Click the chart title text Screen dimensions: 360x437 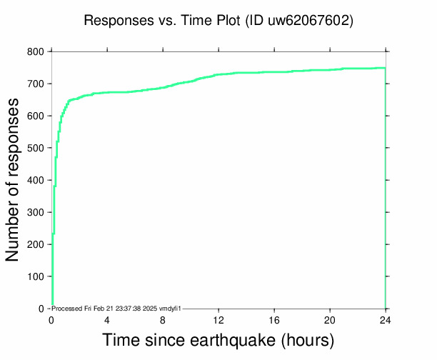coord(218,21)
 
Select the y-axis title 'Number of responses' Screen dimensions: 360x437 coord(13,180)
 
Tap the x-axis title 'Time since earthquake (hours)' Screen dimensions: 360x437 coord(218,339)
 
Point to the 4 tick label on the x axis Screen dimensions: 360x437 coord(107,319)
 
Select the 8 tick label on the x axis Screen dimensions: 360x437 coord(163,319)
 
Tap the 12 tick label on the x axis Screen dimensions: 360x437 coord(218,319)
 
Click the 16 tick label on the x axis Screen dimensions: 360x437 coord(274,319)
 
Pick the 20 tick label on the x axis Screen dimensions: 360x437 coord(330,319)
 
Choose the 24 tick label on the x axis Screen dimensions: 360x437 coord(386,319)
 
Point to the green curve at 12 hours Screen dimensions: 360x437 coord(218,74)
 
